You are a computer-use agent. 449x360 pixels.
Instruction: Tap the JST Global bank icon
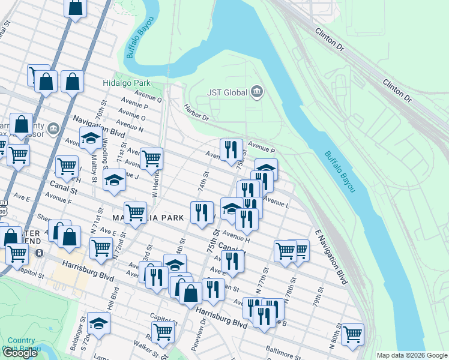(x=257, y=92)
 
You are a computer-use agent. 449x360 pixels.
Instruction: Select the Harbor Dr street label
(x=196, y=112)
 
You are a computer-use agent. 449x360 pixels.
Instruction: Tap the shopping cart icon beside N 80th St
(x=352, y=333)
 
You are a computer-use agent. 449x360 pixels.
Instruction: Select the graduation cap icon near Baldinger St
(x=98, y=322)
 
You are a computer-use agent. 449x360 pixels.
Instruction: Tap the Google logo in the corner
(x=20, y=353)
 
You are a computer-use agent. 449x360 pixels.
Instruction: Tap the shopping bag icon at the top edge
(x=76, y=7)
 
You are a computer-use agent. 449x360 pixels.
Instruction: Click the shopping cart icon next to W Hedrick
(x=151, y=158)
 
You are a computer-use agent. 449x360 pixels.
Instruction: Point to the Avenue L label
(x=276, y=203)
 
